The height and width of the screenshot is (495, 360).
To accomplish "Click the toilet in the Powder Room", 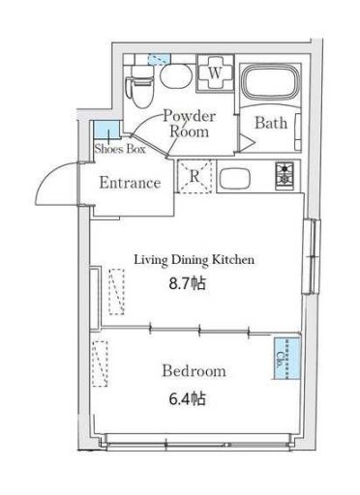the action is pyautogui.click(x=140, y=86).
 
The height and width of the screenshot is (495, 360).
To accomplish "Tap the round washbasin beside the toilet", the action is pyautogui.click(x=176, y=76).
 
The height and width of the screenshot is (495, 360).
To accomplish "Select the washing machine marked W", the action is pyautogui.click(x=215, y=73).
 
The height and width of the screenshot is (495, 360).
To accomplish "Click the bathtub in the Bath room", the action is pyautogui.click(x=271, y=82).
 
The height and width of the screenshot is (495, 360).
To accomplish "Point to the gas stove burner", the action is pyautogui.click(x=285, y=176).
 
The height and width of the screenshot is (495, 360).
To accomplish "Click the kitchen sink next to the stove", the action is pyautogui.click(x=234, y=178).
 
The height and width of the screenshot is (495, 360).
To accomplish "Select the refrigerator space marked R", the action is pyautogui.click(x=195, y=177).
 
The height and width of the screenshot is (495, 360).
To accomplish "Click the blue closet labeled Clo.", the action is pyautogui.click(x=286, y=359).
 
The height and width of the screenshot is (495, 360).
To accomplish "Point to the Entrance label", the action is pyautogui.click(x=130, y=183).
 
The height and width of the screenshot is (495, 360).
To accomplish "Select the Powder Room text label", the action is pyautogui.click(x=190, y=124).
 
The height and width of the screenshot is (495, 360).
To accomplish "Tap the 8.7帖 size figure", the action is pyautogui.click(x=188, y=283).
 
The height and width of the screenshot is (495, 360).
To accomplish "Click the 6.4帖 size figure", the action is pyautogui.click(x=188, y=399).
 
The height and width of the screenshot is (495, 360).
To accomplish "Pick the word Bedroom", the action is pyautogui.click(x=194, y=371).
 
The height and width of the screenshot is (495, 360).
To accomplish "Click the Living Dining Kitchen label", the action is pyautogui.click(x=195, y=260).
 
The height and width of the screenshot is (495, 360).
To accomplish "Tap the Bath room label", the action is pyautogui.click(x=271, y=123).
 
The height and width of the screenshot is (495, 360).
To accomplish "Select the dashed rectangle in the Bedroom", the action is pyautogui.click(x=100, y=364).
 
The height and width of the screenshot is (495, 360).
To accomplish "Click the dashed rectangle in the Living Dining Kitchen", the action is pyautogui.click(x=117, y=292).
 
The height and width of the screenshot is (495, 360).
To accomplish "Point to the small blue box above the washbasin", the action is pyautogui.click(x=159, y=59).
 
